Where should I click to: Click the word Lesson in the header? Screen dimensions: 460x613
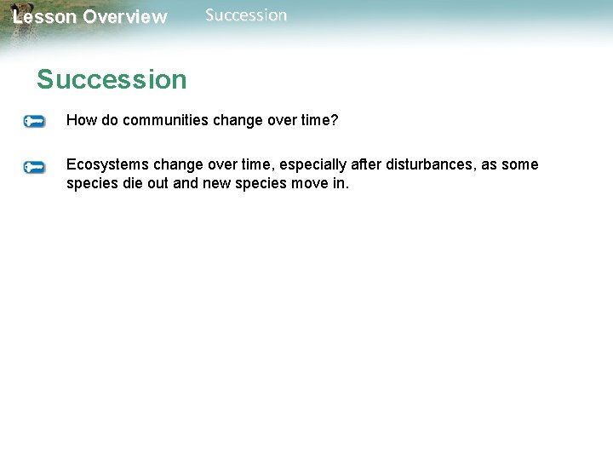click(44, 17)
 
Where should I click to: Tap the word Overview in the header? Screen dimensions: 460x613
click(125, 17)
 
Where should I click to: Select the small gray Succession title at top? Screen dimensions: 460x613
click(246, 15)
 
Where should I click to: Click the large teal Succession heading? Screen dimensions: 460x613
click(112, 80)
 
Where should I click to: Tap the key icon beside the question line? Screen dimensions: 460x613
click(34, 122)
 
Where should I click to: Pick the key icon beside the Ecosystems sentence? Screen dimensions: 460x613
click(34, 167)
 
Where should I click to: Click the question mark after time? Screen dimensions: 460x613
click(335, 121)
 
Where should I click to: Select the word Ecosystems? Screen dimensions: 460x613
click(108, 164)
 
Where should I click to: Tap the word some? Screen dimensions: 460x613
click(520, 164)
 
